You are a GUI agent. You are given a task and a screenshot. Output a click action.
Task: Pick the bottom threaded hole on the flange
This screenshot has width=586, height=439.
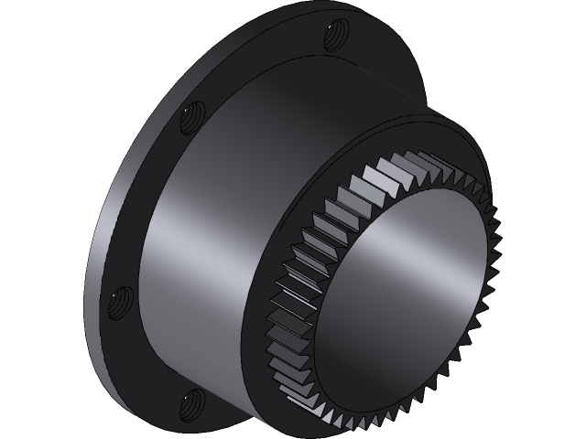coord(192,399)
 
